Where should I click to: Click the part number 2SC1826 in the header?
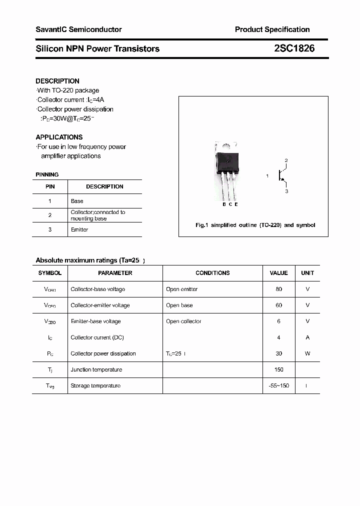click(294, 48)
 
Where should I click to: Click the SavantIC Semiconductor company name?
click(78, 29)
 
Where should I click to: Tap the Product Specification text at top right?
click(272, 29)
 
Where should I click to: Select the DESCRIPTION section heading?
click(57, 81)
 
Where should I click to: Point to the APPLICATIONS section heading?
click(59, 137)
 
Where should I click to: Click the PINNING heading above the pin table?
click(47, 174)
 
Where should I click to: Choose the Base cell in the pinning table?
click(77, 201)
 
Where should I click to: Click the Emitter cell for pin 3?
click(79, 229)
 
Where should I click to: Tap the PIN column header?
click(50, 186)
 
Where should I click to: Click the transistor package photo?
click(226, 170)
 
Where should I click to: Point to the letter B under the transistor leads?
click(224, 204)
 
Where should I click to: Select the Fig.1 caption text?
click(255, 225)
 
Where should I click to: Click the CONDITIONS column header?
click(212, 273)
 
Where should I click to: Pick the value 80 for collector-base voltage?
click(278, 289)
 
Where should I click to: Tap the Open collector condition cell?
click(183, 321)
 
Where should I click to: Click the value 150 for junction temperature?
click(278, 369)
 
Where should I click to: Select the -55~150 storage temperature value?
click(278, 385)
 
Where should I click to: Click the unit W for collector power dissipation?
click(307, 353)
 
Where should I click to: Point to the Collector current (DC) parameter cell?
click(97, 337)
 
